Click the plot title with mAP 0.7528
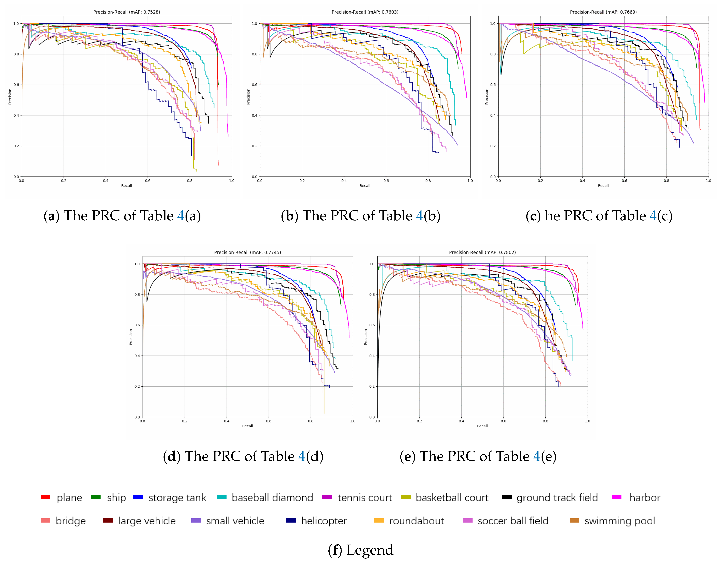coord(127,12)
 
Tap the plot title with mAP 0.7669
coord(603,12)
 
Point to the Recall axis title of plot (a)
coord(127,186)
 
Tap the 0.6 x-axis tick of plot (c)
coord(624,181)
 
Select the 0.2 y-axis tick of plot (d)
coord(137,386)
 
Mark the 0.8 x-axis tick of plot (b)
coord(428,181)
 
